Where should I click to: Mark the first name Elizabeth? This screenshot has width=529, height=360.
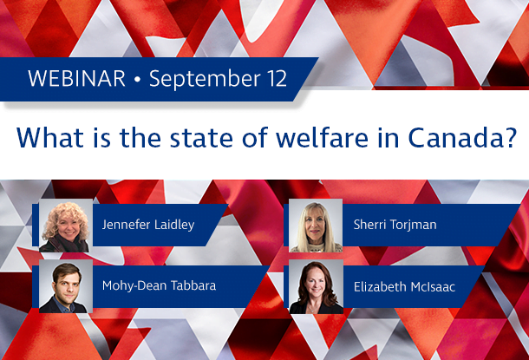coord(382,284)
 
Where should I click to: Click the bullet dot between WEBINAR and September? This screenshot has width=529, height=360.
coord(137,80)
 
